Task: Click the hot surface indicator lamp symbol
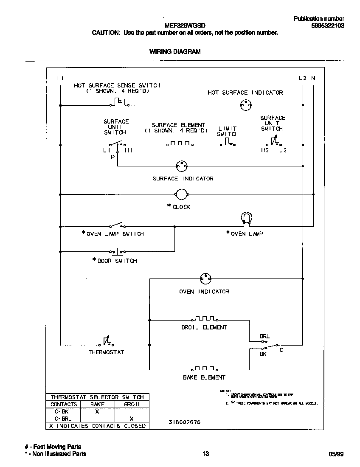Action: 245,104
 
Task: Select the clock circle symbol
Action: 182,194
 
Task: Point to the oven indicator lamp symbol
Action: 205,279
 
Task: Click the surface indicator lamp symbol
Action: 182,166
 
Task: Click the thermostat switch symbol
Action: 106,342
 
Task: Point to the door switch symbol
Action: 117,251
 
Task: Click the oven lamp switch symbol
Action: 116,225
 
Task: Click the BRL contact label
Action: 264,336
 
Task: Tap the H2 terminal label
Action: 265,151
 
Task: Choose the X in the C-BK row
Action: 97,411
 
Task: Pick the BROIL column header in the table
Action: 132,404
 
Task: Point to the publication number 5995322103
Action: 327,25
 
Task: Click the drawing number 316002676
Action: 185,422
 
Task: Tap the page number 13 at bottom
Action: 205,454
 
